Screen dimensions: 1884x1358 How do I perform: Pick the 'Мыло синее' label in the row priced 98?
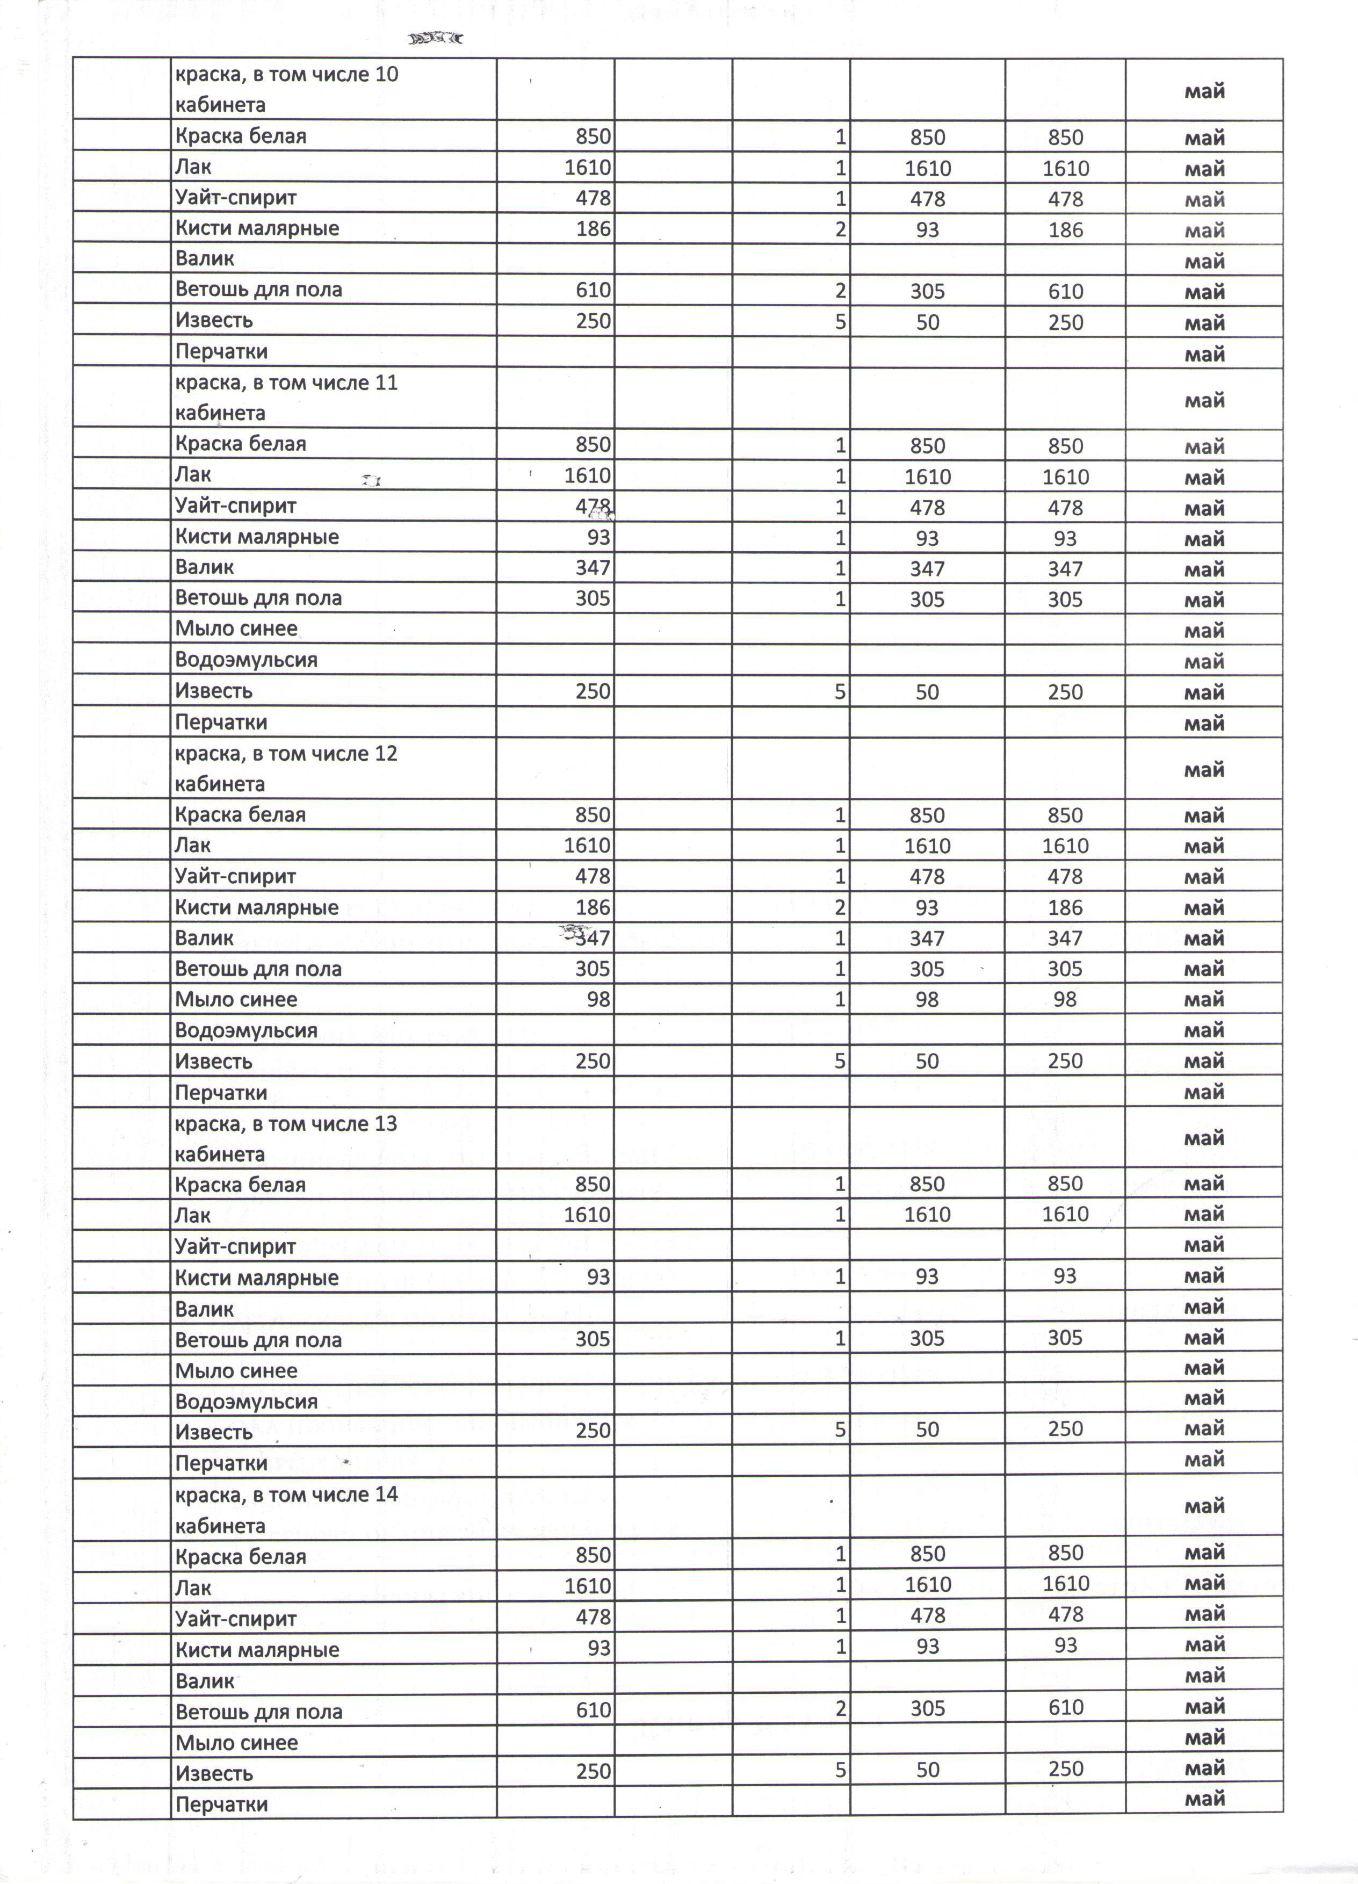tap(236, 999)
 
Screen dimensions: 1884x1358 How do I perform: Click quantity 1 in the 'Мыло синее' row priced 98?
tap(841, 999)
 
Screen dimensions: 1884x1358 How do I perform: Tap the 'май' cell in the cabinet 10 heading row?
tap(1204, 91)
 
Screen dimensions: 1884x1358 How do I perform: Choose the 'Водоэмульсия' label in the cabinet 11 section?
tap(246, 660)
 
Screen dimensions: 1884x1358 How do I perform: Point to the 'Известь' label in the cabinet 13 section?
tap(213, 1433)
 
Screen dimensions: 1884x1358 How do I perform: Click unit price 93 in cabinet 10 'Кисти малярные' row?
tap(927, 229)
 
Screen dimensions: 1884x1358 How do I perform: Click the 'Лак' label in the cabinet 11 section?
tap(193, 475)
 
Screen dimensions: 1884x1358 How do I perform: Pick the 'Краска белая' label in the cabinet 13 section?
tap(240, 1185)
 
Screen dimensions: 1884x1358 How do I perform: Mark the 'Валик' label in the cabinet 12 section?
tap(204, 939)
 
